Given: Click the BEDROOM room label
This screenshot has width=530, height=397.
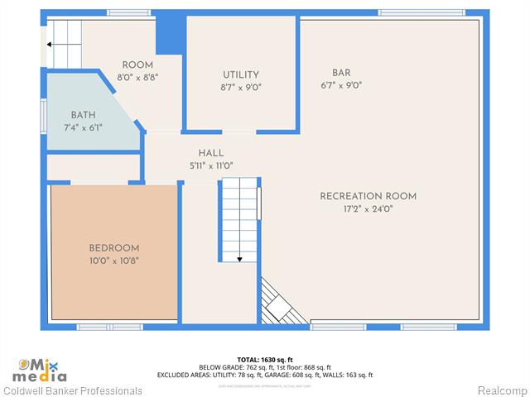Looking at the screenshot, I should click(114, 248).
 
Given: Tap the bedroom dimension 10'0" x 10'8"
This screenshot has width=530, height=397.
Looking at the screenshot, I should click(114, 260).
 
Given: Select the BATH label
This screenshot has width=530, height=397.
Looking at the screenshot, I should click(83, 115).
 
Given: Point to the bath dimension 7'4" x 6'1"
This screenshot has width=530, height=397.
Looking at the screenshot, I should click(83, 127).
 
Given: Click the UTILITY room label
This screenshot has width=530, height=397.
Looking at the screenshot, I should click(241, 74).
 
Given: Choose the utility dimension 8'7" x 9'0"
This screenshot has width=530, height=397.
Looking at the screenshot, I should click(241, 87).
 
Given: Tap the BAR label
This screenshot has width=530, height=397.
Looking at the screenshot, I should click(341, 73).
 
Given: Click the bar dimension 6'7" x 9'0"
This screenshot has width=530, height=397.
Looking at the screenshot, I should click(341, 85).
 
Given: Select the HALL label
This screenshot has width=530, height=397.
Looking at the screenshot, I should click(211, 153).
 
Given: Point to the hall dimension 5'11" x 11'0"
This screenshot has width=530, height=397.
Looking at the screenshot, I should click(211, 165).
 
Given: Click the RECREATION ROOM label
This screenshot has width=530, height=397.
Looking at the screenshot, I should click(369, 196).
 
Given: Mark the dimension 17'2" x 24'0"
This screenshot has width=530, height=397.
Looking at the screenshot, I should click(369, 208).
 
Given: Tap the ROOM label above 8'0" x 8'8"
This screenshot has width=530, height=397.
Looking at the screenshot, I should click(137, 65).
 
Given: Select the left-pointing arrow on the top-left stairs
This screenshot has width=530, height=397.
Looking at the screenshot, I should click(51, 45).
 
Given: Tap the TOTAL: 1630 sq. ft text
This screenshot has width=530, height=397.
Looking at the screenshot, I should click(265, 360).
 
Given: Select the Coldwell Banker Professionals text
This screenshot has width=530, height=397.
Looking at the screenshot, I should click(73, 390).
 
